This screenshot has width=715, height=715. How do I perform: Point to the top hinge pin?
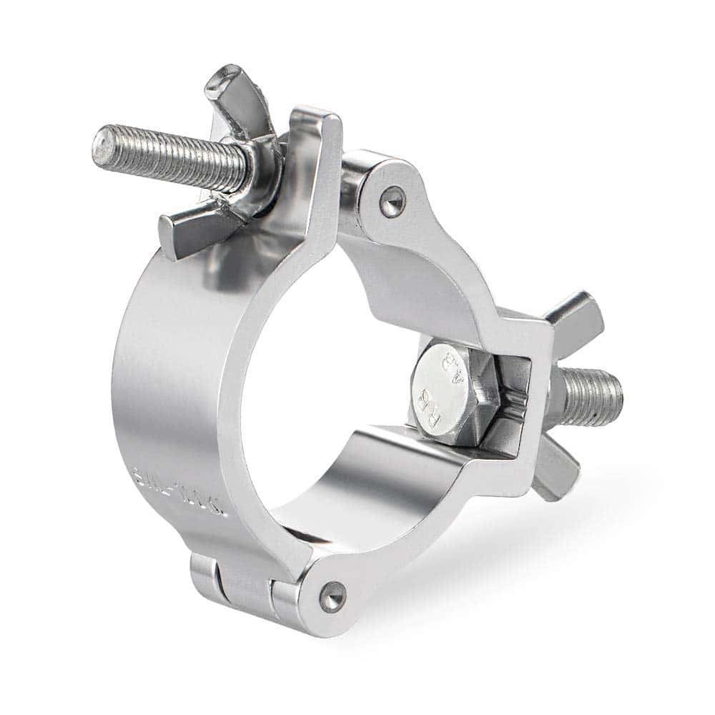click(391, 201)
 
